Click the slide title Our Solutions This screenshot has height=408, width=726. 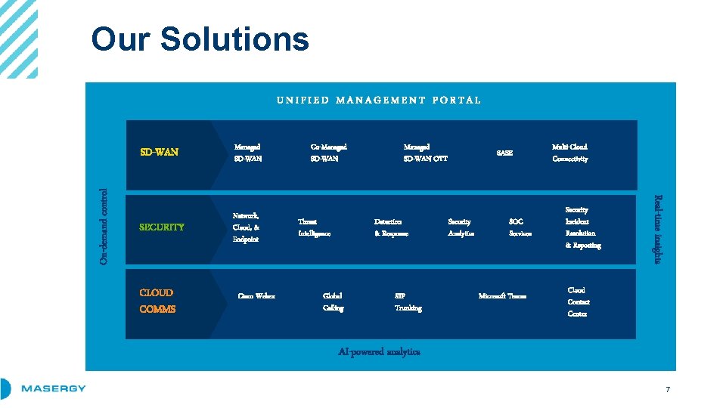pyautogui.click(x=200, y=39)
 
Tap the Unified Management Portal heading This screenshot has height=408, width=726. pyautogui.click(x=378, y=100)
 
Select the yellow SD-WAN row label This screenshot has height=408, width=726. pyautogui.click(x=160, y=152)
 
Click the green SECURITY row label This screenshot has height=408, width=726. pyautogui.click(x=162, y=227)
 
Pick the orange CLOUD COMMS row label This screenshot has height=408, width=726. pyautogui.click(x=157, y=301)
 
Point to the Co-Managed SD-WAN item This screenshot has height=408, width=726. pyautogui.click(x=329, y=153)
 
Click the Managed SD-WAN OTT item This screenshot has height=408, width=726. pyautogui.click(x=425, y=153)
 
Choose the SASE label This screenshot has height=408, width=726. pyautogui.click(x=504, y=153)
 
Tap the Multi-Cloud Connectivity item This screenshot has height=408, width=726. pyautogui.click(x=569, y=153)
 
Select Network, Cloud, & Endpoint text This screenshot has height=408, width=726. pyautogui.click(x=247, y=227)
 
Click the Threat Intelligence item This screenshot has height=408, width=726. pyautogui.click(x=314, y=227)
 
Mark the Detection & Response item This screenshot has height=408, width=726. pyautogui.click(x=391, y=227)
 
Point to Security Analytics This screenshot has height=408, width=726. pyautogui.click(x=461, y=227)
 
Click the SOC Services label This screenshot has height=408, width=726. pyautogui.click(x=520, y=227)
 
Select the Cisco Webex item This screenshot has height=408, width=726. pyautogui.click(x=256, y=296)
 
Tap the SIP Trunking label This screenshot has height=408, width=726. pyautogui.click(x=408, y=301)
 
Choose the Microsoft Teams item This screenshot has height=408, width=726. pyautogui.click(x=502, y=296)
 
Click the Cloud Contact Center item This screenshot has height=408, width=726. pyautogui.click(x=578, y=301)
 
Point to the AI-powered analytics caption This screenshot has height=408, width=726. pyautogui.click(x=379, y=351)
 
